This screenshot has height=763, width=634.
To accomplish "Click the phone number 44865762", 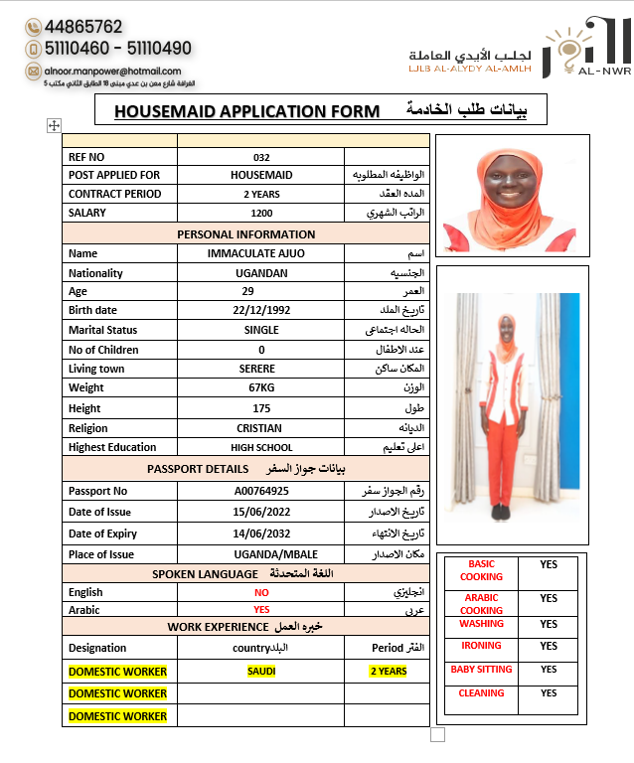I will click(x=83, y=27).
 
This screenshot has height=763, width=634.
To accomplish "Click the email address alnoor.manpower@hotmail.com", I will click(x=117, y=71).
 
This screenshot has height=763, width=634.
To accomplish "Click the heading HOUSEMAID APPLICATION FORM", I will click(x=246, y=111).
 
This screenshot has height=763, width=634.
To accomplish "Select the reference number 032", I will click(x=261, y=157).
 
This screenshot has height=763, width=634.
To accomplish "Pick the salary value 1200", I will click(x=261, y=213).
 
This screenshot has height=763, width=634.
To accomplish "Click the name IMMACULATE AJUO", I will click(x=261, y=253).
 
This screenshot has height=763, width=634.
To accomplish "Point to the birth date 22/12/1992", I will click(x=261, y=310).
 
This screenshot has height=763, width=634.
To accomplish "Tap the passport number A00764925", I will click(x=261, y=491).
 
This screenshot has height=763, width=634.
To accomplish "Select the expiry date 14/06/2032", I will click(x=261, y=534).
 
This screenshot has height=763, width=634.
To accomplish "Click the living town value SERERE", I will click(x=261, y=369).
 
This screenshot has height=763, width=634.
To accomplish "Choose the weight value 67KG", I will click(x=261, y=387).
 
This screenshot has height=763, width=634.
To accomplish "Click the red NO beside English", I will click(x=261, y=592).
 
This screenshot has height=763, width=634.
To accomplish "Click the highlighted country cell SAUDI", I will click(x=261, y=671).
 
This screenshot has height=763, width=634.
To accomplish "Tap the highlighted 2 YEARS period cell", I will click(x=388, y=671).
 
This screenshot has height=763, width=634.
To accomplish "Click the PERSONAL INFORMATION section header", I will click(x=245, y=234).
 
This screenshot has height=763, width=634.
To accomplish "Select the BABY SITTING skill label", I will click(x=481, y=670).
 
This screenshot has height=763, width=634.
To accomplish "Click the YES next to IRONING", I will click(x=549, y=646).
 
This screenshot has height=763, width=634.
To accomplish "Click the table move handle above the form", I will click(x=55, y=125).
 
